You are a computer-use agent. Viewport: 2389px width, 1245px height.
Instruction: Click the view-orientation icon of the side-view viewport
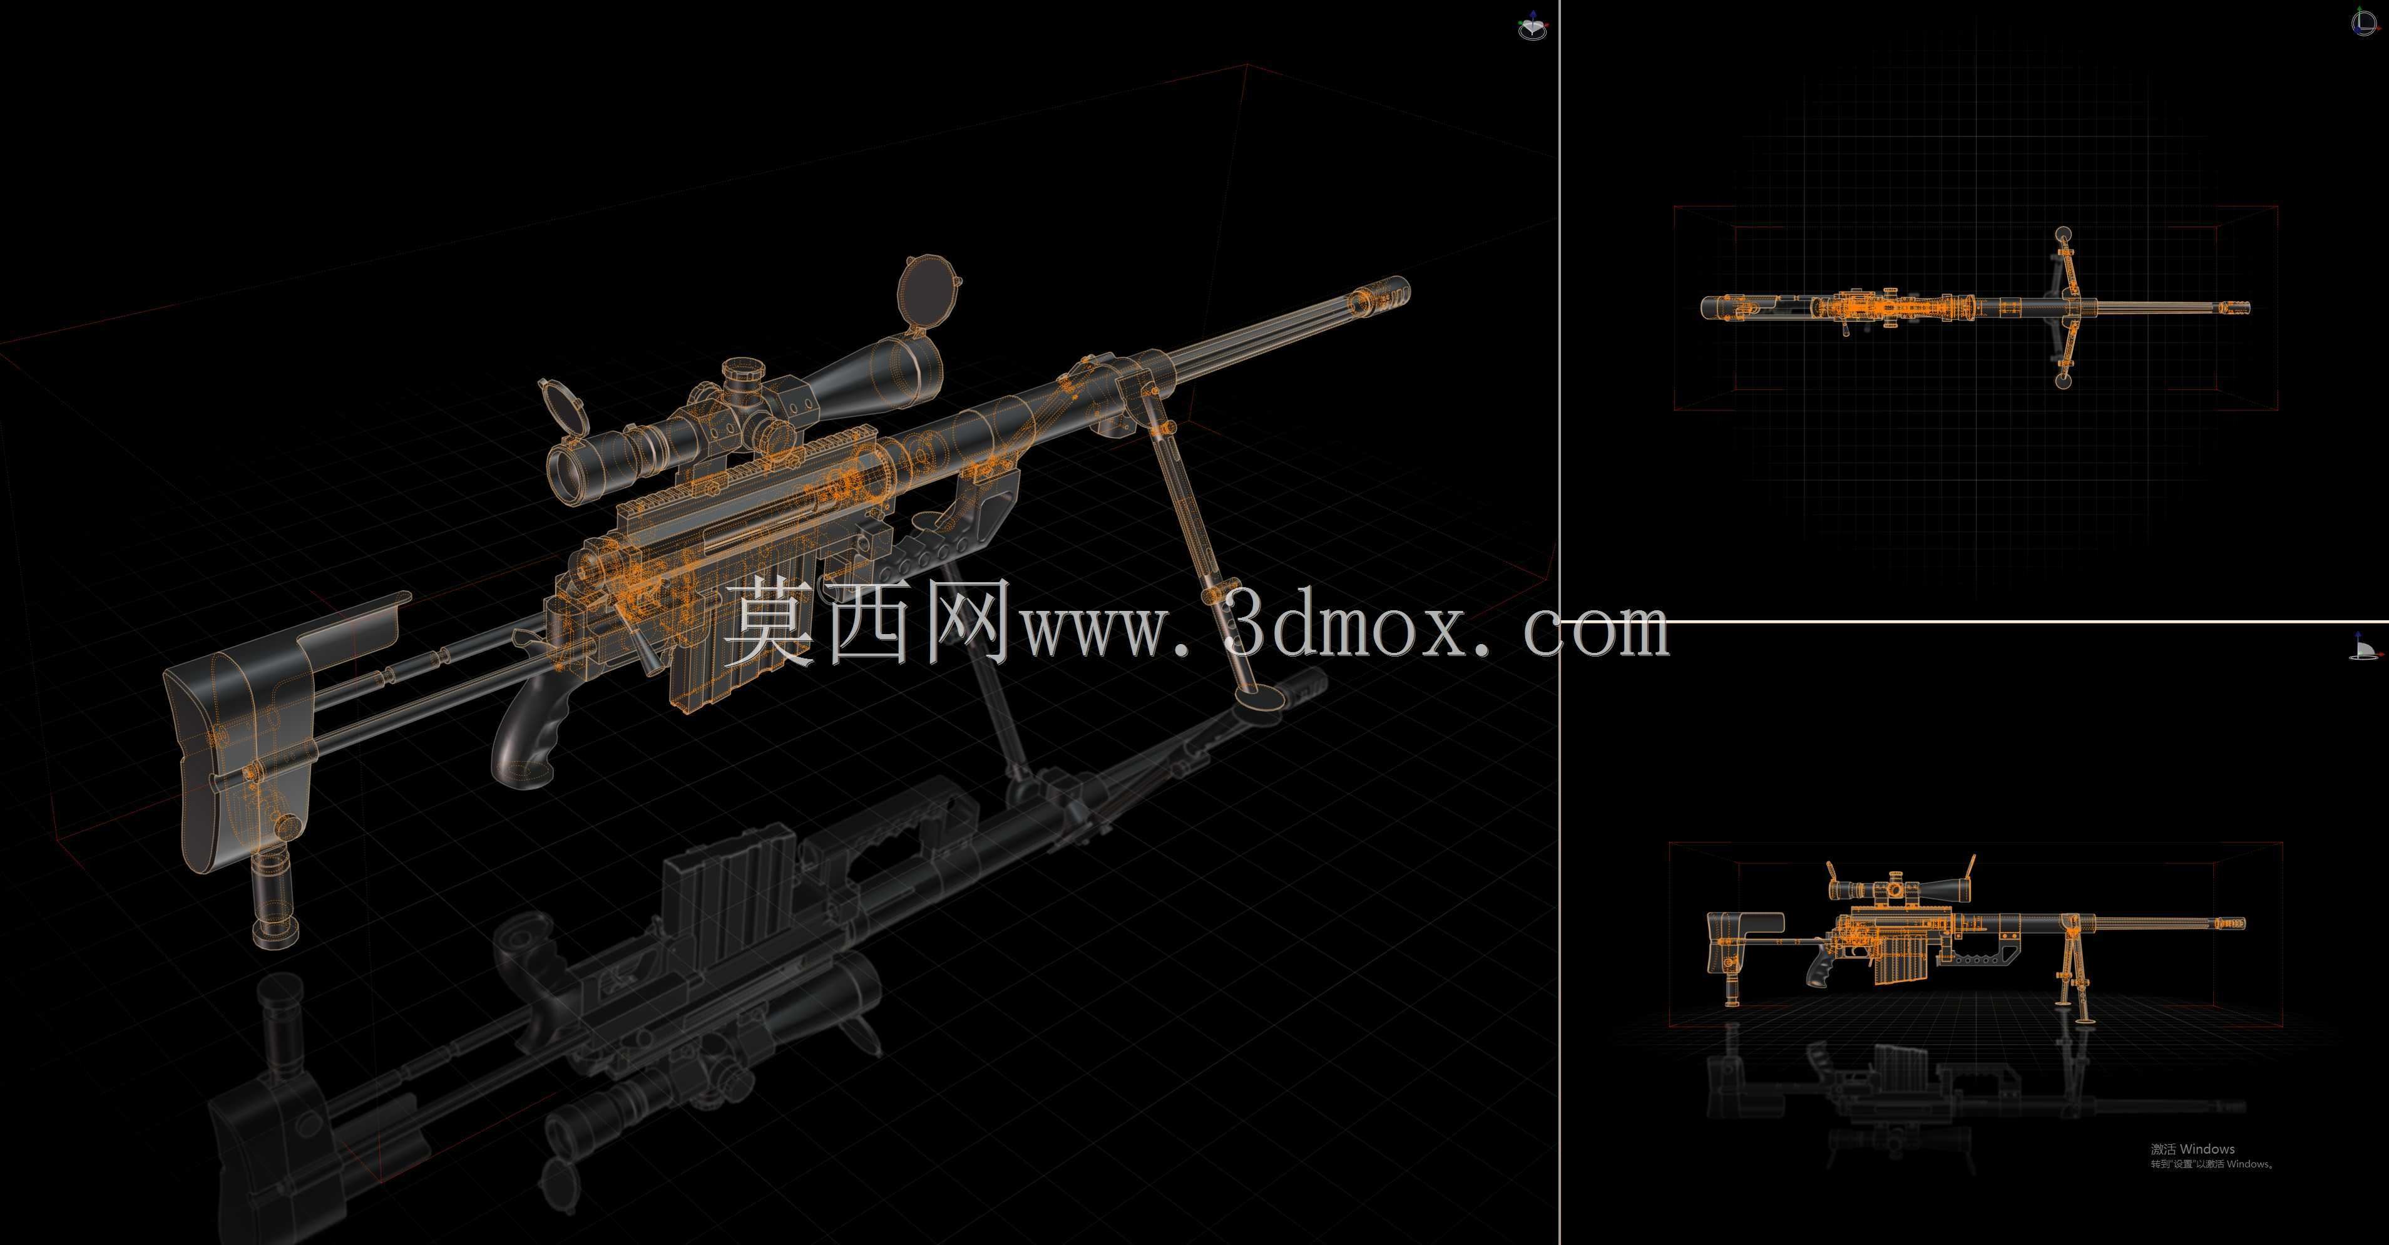2366,647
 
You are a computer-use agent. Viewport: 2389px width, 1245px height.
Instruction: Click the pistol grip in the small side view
1819,970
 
